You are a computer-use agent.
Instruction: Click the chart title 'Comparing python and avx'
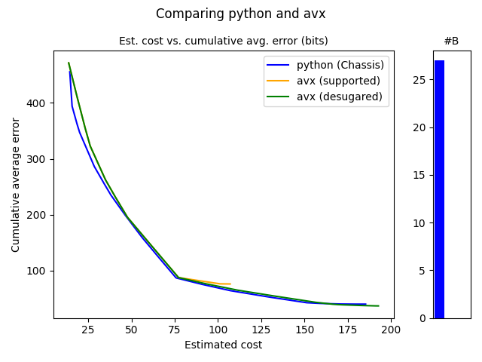click(241, 14)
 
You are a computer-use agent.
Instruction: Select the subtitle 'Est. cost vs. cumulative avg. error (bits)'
click(224, 41)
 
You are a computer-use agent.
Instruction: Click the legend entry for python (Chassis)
click(340, 65)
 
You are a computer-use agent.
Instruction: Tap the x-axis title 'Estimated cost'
click(224, 345)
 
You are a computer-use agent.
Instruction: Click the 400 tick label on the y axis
click(39, 103)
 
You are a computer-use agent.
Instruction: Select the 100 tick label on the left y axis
click(39, 271)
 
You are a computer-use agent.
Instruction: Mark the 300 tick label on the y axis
click(39, 159)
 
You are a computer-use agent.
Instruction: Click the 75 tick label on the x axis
click(175, 330)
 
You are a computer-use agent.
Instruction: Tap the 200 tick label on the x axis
click(390, 330)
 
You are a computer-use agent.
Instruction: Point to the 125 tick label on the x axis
click(261, 330)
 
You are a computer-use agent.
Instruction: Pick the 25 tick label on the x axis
click(88, 330)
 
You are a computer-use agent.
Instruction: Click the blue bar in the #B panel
click(439, 189)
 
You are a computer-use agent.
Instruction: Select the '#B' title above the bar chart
click(451, 41)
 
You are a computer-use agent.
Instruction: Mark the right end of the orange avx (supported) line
click(230, 284)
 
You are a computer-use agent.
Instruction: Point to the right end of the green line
click(379, 306)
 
